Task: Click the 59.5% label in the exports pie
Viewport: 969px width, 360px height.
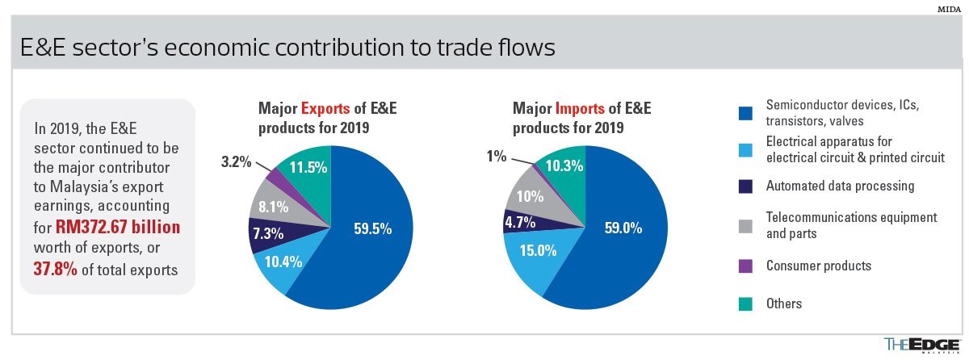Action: pyautogui.click(x=372, y=228)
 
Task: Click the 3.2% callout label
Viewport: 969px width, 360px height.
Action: pyautogui.click(x=236, y=161)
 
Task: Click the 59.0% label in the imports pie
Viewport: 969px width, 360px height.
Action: pyautogui.click(x=623, y=228)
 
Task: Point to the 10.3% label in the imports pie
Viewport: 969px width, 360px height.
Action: pyautogui.click(x=564, y=165)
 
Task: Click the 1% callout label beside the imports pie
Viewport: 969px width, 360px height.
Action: pyautogui.click(x=496, y=155)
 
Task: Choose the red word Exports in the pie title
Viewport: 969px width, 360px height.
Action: pyautogui.click(x=327, y=107)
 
